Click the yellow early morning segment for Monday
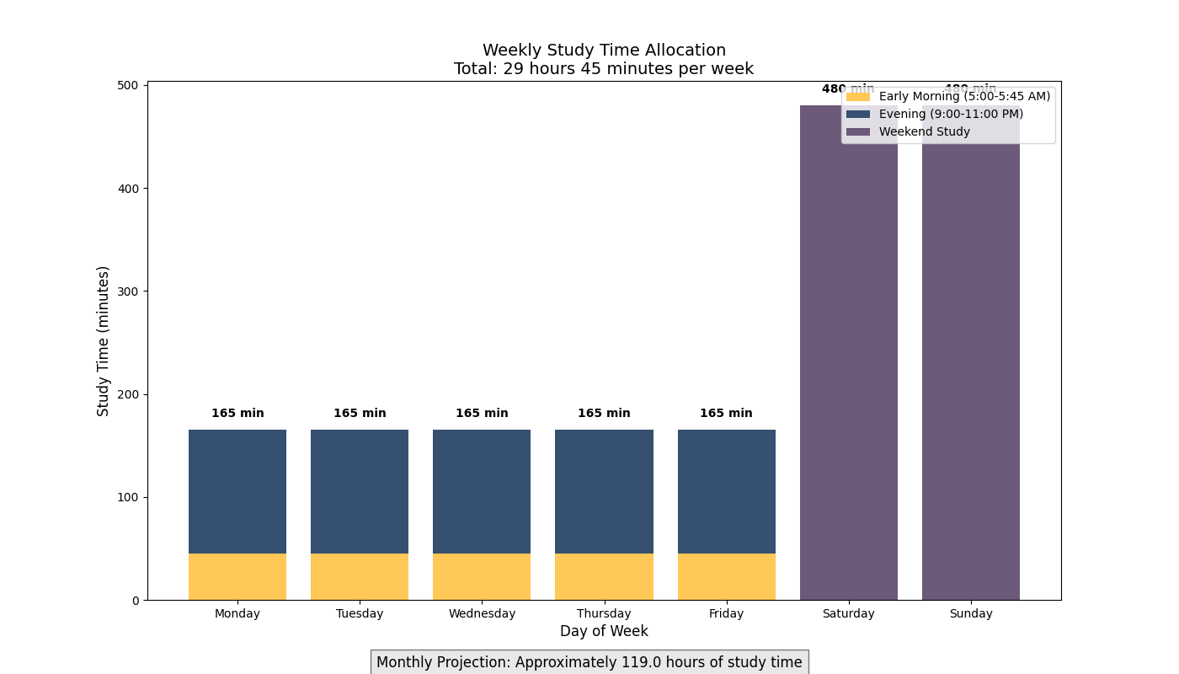coord(237,576)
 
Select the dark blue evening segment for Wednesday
coord(482,491)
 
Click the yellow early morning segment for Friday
coord(726,576)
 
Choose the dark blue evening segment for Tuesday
coord(360,491)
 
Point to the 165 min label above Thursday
coord(604,414)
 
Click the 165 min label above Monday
coord(237,414)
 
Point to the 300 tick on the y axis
coord(129,292)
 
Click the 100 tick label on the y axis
coord(129,497)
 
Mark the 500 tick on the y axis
coord(129,85)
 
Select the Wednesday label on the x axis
coord(482,613)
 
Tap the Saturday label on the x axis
coord(848,613)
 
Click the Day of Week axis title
coord(604,631)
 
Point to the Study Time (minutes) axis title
coord(104,340)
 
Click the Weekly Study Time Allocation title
coord(604,51)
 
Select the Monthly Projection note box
coord(589,662)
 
